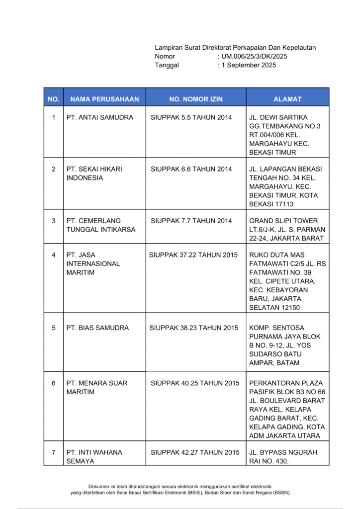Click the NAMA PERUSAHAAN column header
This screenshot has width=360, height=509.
(104, 99)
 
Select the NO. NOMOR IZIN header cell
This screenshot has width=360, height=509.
(196, 99)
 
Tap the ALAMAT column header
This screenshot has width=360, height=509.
(287, 99)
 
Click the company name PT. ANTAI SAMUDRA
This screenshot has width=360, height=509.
(100, 117)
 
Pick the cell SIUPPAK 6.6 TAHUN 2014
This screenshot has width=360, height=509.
(191, 169)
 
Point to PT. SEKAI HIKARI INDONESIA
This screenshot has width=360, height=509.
(94, 173)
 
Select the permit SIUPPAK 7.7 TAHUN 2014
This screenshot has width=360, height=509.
(191, 221)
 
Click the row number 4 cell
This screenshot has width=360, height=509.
(54, 255)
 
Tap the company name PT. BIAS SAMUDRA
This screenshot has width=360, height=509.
(97, 328)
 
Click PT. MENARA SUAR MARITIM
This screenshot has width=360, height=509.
(97, 387)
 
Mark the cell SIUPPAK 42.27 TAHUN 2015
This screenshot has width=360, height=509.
(195, 452)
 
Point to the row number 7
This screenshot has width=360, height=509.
(54, 452)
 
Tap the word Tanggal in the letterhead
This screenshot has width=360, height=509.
(167, 65)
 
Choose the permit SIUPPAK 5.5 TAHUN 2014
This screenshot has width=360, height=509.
(191, 117)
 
